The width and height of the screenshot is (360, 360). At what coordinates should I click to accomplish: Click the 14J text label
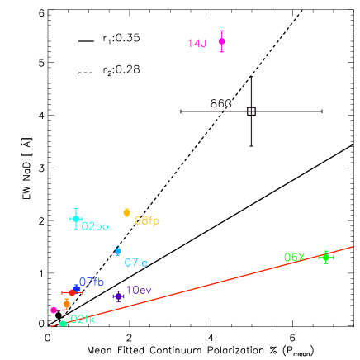click(x=197, y=43)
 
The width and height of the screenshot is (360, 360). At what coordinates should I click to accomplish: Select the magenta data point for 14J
click(x=221, y=40)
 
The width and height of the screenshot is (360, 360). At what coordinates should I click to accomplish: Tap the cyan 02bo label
click(x=95, y=226)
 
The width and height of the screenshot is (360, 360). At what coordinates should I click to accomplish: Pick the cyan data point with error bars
click(x=76, y=218)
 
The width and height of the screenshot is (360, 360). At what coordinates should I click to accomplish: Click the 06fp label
click(x=146, y=220)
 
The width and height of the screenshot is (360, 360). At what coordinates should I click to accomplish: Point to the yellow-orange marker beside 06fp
click(x=126, y=212)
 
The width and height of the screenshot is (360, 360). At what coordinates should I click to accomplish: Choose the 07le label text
click(x=135, y=263)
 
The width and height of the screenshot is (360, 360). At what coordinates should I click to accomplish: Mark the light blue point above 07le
click(x=118, y=250)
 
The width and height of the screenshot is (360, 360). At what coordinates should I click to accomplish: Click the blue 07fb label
click(x=91, y=282)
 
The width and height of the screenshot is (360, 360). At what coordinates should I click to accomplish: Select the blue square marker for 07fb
click(x=77, y=288)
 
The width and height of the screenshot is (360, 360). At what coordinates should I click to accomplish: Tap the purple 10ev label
click(x=138, y=290)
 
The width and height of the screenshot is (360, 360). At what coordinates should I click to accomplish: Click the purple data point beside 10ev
click(x=118, y=296)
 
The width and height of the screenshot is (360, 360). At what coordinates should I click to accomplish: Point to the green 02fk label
click(x=82, y=319)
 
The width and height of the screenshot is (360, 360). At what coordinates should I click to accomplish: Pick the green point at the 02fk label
click(x=63, y=323)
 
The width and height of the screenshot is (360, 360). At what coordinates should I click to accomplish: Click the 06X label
click(x=294, y=258)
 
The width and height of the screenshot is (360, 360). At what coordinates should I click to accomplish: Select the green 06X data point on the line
click(x=325, y=257)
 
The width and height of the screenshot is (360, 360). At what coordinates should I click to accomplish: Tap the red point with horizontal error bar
click(x=71, y=292)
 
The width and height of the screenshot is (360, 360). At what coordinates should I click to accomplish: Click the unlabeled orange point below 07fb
click(x=66, y=304)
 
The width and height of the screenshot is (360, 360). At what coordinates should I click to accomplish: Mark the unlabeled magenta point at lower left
click(x=54, y=310)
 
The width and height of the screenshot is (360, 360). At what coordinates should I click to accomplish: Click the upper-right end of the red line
click(x=353, y=246)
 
